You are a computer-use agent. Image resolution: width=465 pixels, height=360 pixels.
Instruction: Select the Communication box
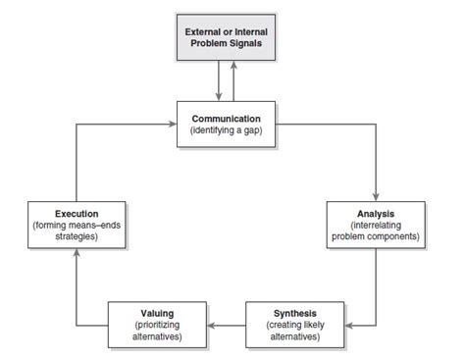coord(227,125)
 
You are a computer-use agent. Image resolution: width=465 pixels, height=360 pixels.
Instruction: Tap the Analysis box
coord(377,225)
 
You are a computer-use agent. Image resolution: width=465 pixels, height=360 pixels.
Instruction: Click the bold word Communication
coord(227,119)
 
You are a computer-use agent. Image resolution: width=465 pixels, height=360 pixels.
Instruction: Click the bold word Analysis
coord(377,213)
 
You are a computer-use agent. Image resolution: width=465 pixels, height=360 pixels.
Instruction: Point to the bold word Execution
coord(76,213)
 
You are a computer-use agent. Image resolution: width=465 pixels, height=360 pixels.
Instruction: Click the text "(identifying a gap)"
coord(227,131)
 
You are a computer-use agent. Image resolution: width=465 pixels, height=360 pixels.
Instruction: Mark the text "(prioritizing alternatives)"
coord(158,330)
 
